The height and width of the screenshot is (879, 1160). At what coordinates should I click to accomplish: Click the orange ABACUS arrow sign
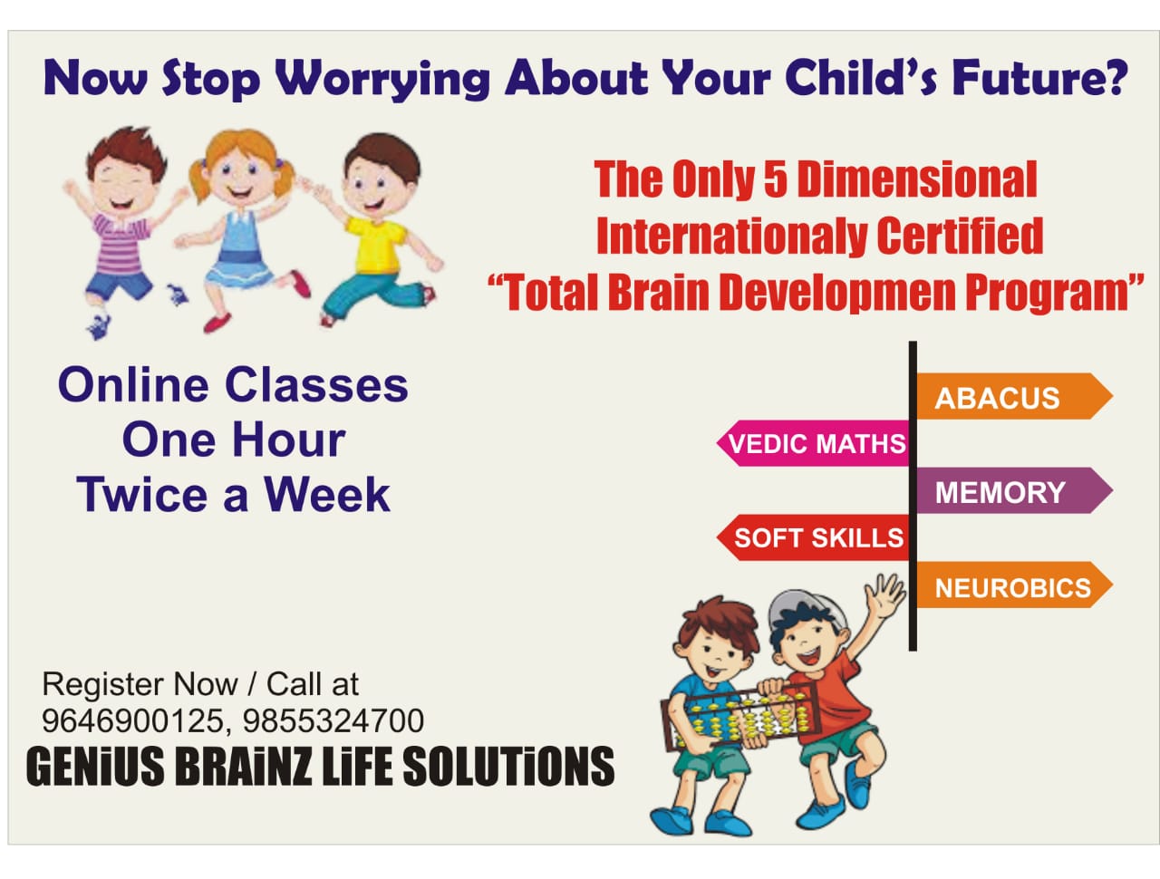click(x=1013, y=396)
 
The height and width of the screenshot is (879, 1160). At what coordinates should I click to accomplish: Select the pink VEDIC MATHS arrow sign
click(x=813, y=442)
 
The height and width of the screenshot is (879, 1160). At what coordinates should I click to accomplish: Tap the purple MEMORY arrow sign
click(x=1013, y=490)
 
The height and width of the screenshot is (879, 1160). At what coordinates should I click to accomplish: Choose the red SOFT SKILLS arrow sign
click(x=813, y=537)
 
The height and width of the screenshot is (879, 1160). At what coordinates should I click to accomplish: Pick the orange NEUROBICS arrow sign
click(x=1013, y=584)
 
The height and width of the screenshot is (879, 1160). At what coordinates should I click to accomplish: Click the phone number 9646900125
click(x=134, y=721)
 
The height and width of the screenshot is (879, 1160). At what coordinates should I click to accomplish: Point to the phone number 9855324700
click(x=333, y=721)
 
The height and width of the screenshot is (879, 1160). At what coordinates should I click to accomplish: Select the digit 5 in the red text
click(x=775, y=179)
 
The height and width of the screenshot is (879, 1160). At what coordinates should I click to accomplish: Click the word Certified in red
click(x=960, y=236)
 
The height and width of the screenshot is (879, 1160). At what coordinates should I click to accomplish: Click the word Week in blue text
click(x=327, y=495)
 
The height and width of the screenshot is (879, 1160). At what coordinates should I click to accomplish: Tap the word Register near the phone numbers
click(x=103, y=685)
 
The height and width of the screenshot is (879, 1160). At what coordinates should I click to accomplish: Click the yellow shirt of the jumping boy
click(x=376, y=244)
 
